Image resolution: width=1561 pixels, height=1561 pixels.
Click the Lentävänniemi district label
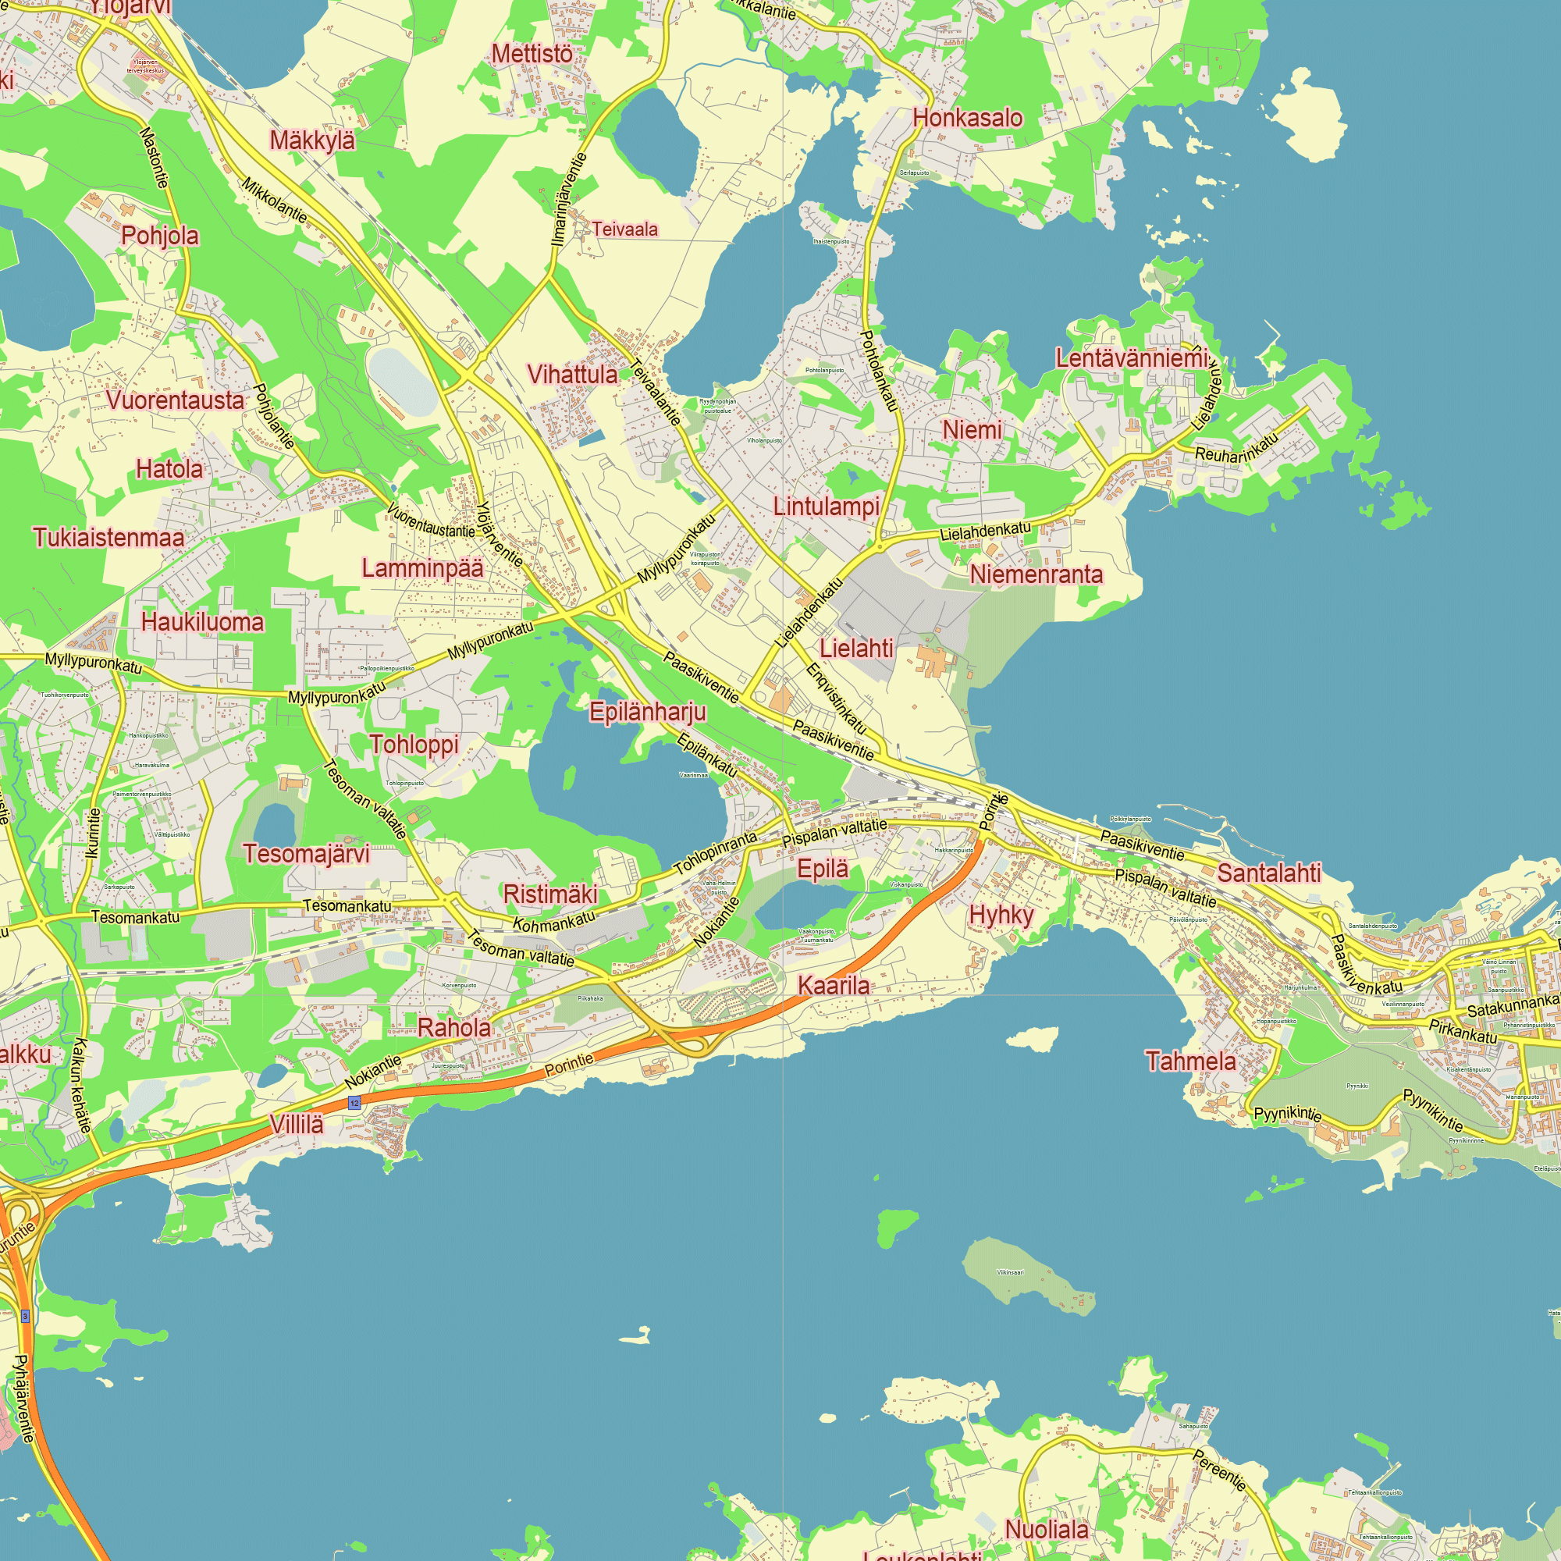point(1131,358)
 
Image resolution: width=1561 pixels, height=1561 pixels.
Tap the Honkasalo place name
point(967,118)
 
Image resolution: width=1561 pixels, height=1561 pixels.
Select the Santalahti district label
point(1268,873)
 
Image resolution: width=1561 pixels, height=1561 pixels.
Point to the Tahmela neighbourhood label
point(1190,1061)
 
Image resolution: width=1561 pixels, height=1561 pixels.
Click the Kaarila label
point(834,985)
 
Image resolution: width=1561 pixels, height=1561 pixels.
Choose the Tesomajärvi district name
point(306,853)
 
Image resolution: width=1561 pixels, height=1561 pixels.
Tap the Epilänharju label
point(647,712)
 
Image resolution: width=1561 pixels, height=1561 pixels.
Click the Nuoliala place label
point(1047,1529)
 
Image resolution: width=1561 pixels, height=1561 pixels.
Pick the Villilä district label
point(297,1124)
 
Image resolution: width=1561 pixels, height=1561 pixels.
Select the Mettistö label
point(532,54)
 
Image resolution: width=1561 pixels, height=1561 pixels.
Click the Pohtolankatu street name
point(880,371)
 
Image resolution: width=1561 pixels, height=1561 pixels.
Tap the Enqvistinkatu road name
point(836,699)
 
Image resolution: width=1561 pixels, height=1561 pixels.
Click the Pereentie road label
point(1219,1470)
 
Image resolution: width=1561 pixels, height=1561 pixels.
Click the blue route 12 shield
point(354,1103)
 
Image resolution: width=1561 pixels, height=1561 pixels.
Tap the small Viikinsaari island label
point(1010,1272)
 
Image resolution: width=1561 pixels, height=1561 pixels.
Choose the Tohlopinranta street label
point(716,852)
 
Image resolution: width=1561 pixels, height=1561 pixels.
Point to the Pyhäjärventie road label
point(23,1399)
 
